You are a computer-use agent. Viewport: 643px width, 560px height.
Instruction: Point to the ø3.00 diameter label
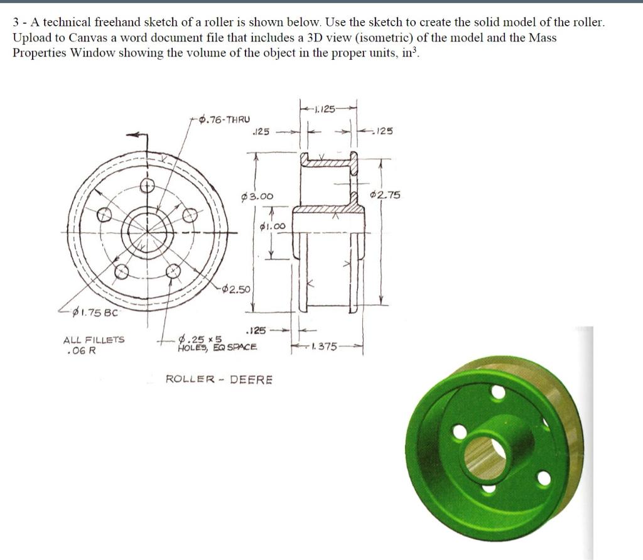tap(257, 197)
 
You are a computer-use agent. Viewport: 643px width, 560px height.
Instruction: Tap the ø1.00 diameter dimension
tap(272, 226)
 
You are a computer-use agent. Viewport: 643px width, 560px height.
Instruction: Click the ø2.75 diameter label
tap(385, 195)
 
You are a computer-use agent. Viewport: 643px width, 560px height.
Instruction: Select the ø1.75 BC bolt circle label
tap(95, 311)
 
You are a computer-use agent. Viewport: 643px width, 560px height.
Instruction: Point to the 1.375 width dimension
tap(325, 346)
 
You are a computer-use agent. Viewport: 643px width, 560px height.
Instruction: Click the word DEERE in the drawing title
tap(251, 379)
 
